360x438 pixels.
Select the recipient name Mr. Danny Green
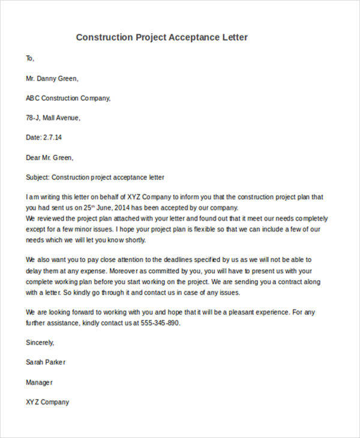(52, 78)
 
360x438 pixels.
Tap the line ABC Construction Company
(68, 98)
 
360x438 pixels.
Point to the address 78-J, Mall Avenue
(53, 118)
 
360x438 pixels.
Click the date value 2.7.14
(53, 137)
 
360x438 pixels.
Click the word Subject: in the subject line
(38, 178)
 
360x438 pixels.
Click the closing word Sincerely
(40, 343)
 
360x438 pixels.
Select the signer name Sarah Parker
(46, 362)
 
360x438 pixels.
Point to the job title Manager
(40, 382)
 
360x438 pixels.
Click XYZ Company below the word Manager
(47, 402)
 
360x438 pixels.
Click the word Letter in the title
(235, 37)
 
